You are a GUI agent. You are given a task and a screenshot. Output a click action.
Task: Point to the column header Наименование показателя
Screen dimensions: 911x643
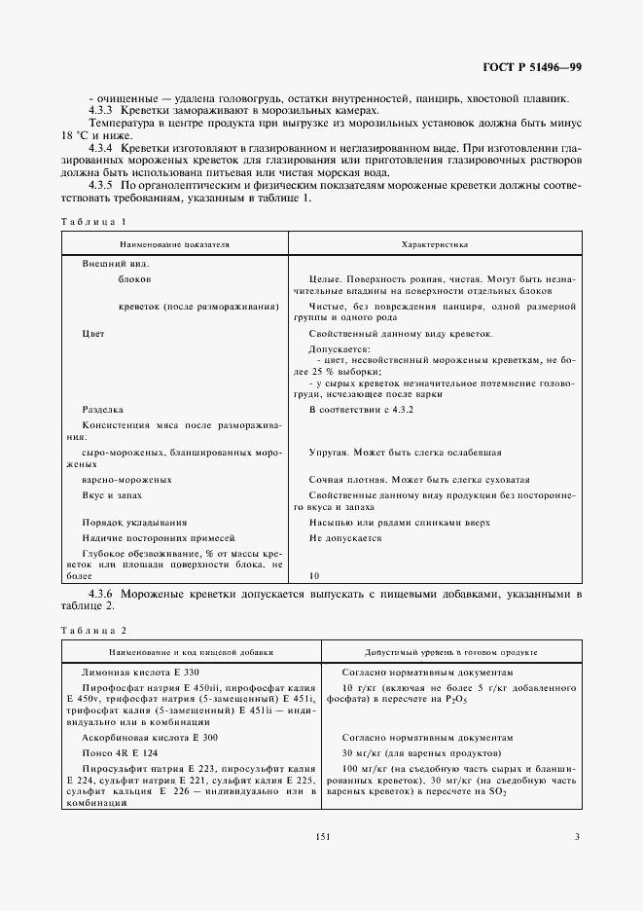pos(175,245)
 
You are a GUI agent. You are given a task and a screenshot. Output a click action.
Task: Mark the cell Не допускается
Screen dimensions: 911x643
pos(345,537)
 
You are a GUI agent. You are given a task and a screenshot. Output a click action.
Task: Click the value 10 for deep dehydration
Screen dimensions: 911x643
pos(314,575)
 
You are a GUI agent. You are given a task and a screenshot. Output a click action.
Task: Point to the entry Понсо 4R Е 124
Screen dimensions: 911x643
pos(119,753)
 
